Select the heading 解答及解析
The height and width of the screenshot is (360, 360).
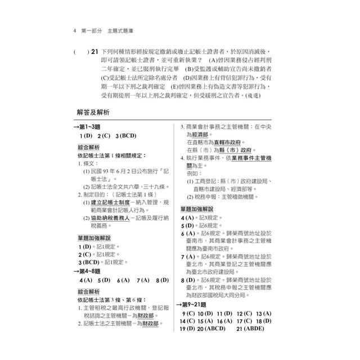96,112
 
